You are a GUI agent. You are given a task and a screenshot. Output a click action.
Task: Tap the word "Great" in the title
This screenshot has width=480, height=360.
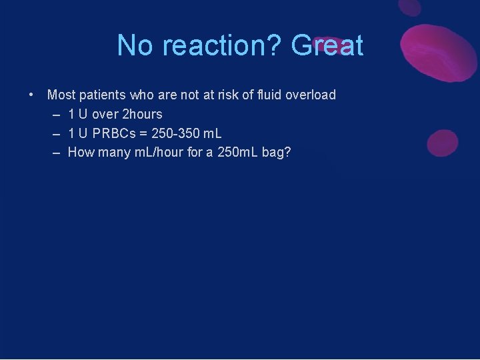(327, 46)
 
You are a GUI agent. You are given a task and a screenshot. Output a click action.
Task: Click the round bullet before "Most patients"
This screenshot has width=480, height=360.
(32, 95)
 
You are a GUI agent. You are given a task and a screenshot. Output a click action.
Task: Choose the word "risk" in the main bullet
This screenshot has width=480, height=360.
(227, 95)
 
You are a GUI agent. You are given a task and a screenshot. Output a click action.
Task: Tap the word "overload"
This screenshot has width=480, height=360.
(311, 95)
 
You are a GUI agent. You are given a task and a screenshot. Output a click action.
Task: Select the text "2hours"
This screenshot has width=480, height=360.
(142, 114)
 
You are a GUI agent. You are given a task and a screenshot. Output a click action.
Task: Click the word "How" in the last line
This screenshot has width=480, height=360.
(81, 152)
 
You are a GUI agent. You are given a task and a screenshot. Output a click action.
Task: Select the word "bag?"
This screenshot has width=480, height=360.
(278, 152)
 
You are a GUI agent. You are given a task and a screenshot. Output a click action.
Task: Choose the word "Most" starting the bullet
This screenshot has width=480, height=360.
(61, 95)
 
